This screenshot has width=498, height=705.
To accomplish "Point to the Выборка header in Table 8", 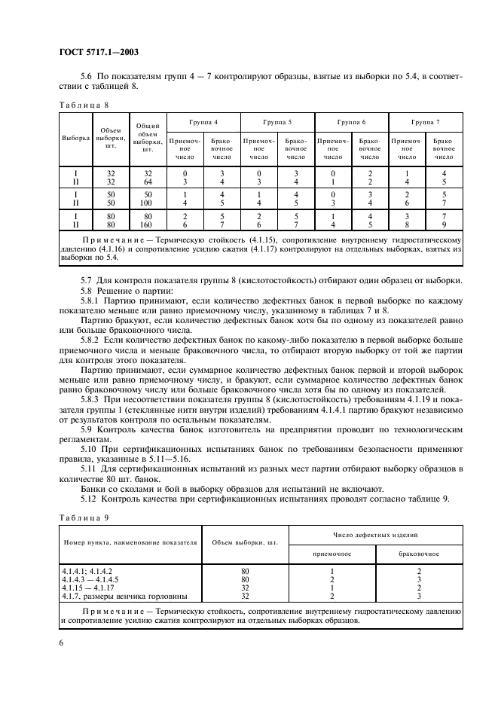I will tap(75, 139).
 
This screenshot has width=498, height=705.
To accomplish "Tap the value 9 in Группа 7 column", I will tap(444, 223).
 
